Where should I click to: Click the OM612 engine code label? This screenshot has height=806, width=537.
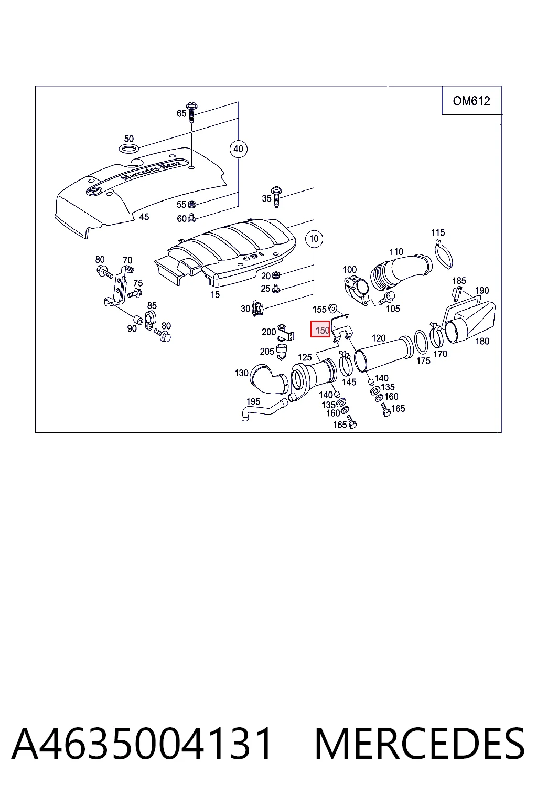[471, 101]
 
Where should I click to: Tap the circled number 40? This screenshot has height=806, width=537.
[238, 149]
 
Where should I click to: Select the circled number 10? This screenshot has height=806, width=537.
[314, 239]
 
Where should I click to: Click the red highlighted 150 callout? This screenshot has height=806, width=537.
[320, 329]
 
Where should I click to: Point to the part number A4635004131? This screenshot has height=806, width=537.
[142, 744]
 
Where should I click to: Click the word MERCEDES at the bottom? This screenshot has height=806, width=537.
[420, 744]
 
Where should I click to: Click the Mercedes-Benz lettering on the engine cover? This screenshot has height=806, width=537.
[151, 171]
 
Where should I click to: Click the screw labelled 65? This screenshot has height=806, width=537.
[192, 112]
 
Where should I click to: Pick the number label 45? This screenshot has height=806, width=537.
[144, 217]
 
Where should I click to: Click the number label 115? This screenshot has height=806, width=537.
[438, 232]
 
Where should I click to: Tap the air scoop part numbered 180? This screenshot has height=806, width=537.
[470, 322]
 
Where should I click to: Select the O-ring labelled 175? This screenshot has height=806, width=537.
[421, 342]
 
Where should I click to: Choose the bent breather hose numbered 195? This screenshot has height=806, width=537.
[264, 409]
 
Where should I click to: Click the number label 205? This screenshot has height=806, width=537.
[267, 351]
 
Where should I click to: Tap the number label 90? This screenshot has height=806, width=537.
[132, 328]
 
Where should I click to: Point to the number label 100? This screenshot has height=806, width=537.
[350, 270]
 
